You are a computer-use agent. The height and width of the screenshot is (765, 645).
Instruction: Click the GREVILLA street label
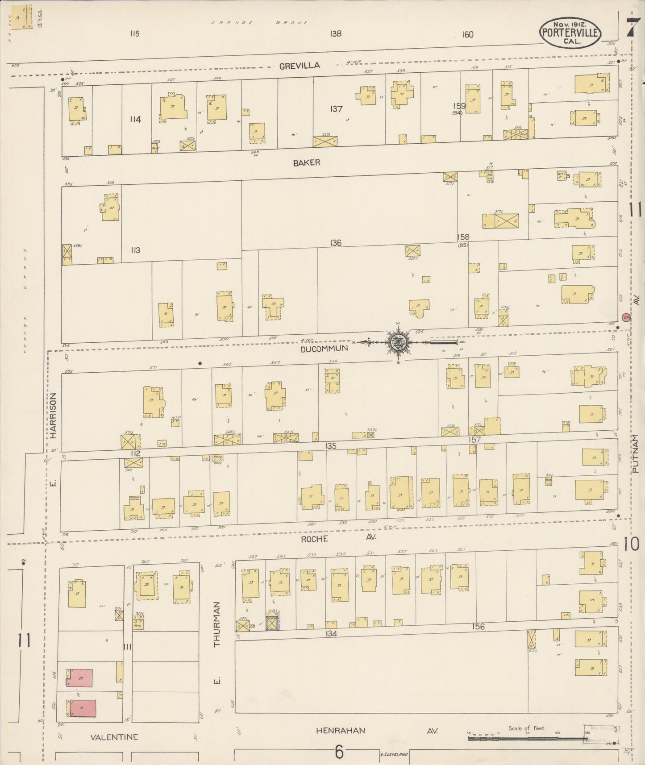[x=300, y=66]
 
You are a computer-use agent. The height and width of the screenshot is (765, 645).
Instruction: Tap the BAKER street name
[x=307, y=163]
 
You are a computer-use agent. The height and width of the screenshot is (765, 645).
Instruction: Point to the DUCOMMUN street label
[x=324, y=349]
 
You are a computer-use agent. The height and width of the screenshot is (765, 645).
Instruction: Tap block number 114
[x=135, y=119]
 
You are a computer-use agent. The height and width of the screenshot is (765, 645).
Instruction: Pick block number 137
[x=336, y=109]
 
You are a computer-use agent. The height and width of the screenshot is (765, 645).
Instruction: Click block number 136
[x=336, y=243]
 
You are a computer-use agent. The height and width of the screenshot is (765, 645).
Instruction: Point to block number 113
[x=135, y=250]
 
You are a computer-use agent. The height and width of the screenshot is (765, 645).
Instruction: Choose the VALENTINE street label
[x=114, y=737]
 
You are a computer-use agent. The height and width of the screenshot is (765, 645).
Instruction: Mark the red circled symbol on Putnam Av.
[x=626, y=317]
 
